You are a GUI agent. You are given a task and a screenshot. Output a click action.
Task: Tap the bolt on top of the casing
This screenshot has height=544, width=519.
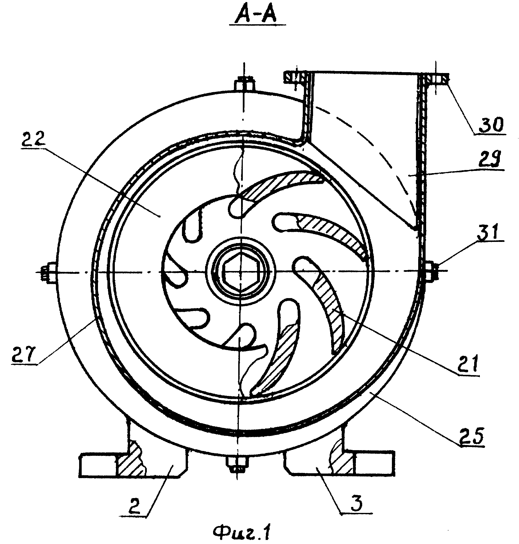point(244,84)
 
